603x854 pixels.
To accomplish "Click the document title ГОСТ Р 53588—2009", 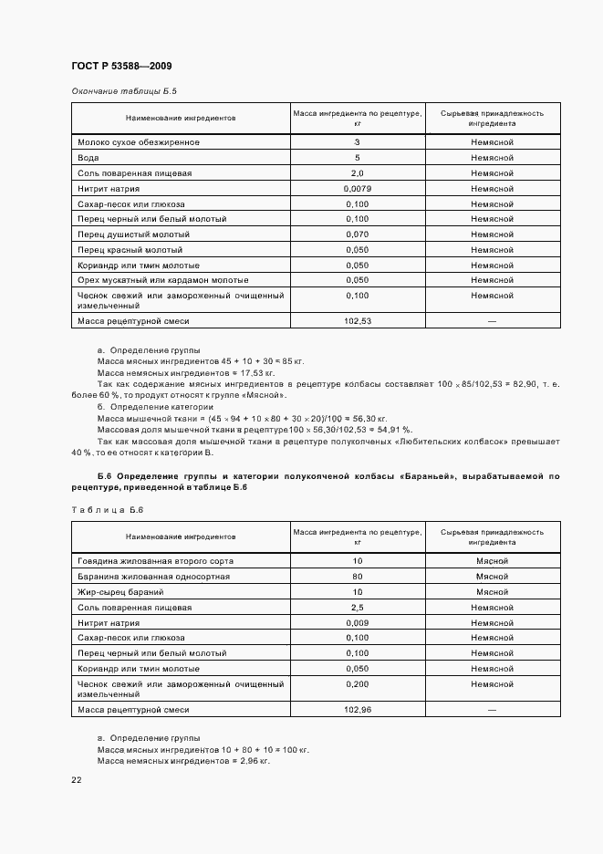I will tap(121, 67).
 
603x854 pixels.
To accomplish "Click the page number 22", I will tap(77, 779).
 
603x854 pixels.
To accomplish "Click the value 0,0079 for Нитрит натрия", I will tap(357, 189).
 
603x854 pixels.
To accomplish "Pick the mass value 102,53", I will tap(357, 320).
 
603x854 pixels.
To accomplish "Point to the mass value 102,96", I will tap(357, 709).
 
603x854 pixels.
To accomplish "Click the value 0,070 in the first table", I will tap(357, 234).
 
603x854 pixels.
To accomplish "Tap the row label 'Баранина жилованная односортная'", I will tap(153, 577).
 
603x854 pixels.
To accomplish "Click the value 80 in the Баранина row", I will tap(357, 577).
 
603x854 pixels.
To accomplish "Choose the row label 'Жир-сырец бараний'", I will tap(120, 592).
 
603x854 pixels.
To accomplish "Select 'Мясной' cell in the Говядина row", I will tap(492, 561).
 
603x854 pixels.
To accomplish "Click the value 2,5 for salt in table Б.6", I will tap(357, 608).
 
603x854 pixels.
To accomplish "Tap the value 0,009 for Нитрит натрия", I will tap(357, 623).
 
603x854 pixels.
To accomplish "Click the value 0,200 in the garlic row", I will tap(357, 684).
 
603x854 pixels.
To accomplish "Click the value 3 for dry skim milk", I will tap(357, 142).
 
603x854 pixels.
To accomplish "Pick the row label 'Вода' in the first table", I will tap(88, 158).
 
